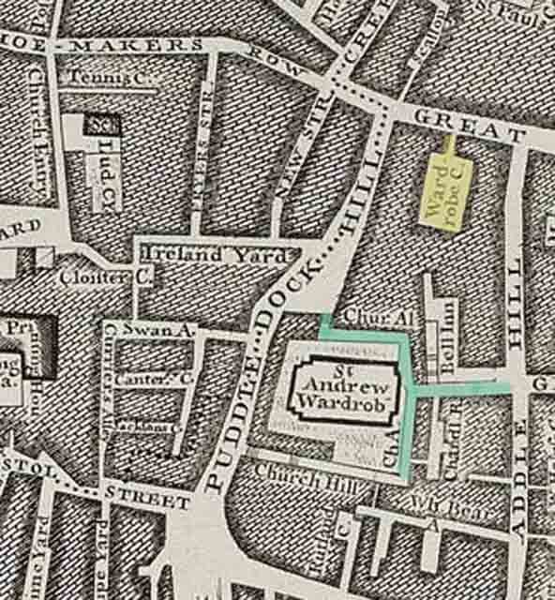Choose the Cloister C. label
93,277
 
